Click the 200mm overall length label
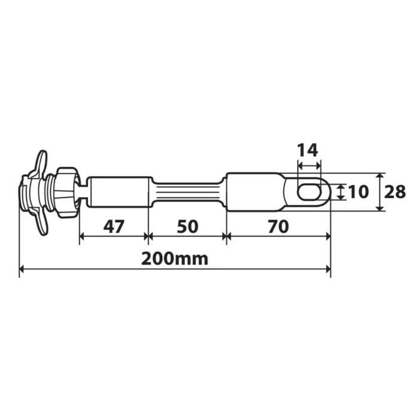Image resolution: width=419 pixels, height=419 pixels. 175,259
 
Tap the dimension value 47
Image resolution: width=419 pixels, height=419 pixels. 114,226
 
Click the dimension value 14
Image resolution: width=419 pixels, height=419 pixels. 309,150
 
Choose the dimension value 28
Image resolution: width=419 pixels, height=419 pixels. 396,192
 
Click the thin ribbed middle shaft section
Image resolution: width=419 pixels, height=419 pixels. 187,192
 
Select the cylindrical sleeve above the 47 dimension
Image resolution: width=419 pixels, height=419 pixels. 120,192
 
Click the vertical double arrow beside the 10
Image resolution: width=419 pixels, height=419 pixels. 341,192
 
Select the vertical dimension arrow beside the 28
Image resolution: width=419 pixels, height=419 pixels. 381,192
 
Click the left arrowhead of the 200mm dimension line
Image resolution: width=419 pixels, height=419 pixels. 23,270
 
